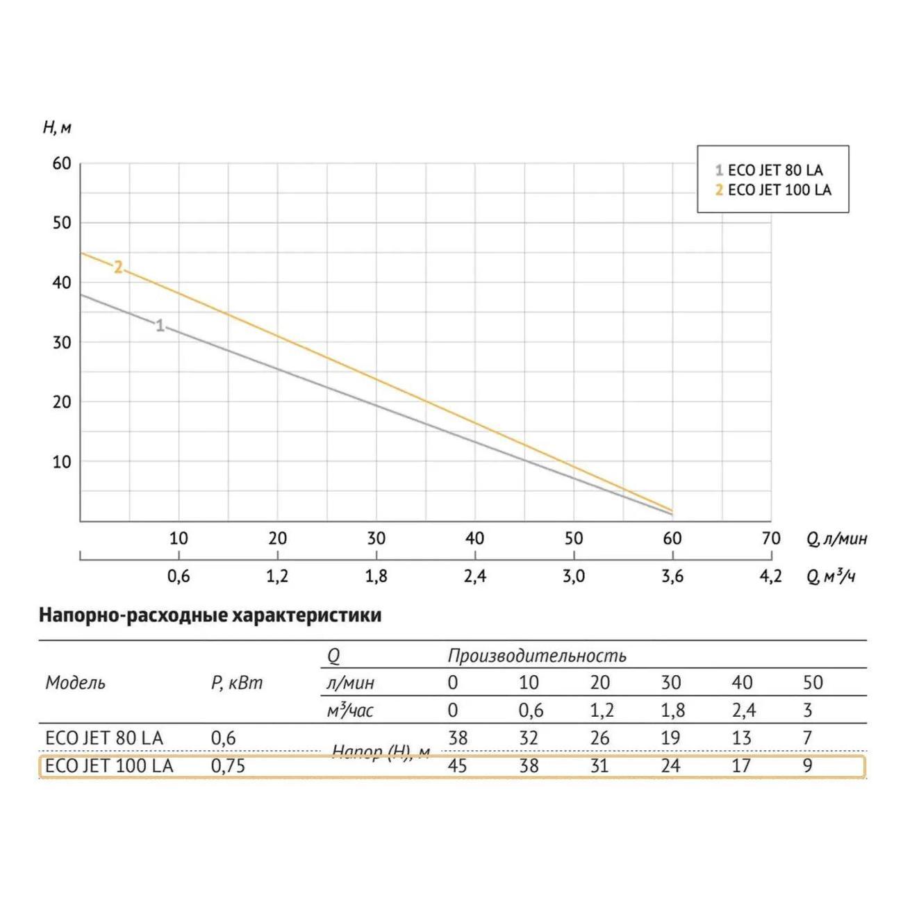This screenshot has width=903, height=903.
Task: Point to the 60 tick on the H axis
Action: click(62, 163)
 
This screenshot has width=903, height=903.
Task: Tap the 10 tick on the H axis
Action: click(62, 461)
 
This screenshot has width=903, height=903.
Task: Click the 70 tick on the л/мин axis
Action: click(771, 538)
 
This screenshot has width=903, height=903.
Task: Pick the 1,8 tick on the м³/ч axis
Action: click(376, 576)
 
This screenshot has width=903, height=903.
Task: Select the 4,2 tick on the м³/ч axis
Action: click(771, 576)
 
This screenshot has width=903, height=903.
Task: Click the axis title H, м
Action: click(57, 128)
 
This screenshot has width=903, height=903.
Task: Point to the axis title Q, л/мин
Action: click(836, 539)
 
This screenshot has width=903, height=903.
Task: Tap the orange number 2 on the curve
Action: click(118, 267)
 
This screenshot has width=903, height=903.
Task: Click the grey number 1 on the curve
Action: click(160, 325)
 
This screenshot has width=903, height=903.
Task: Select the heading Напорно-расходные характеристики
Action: click(210, 615)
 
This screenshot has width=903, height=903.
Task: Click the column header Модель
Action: click(75, 683)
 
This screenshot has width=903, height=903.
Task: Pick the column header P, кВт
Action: click(237, 683)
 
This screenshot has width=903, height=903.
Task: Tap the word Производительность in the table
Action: click(537, 656)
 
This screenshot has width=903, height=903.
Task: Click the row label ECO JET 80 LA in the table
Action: click(104, 738)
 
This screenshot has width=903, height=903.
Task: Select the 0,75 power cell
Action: click(228, 765)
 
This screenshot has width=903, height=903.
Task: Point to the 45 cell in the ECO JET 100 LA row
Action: click(457, 765)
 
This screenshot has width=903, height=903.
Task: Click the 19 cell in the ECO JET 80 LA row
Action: click(670, 738)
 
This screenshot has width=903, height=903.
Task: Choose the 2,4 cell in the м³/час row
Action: click(742, 710)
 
